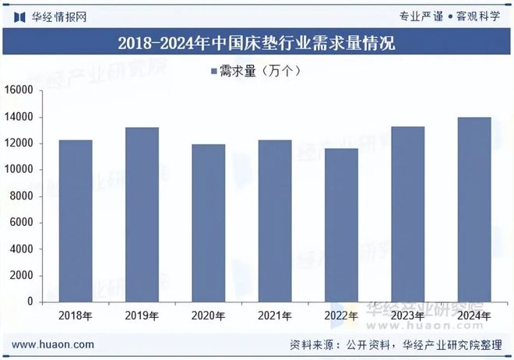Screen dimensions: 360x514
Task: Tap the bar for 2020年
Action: click(209, 223)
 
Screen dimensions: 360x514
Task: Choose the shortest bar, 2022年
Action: click(342, 225)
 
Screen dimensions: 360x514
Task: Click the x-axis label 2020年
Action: click(209, 316)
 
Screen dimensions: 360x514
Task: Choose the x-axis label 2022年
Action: click(342, 316)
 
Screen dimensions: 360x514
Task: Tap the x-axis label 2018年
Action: click(76, 316)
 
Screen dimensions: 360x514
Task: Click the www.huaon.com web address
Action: click(54, 344)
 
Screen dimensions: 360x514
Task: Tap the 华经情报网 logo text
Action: click(58, 16)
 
